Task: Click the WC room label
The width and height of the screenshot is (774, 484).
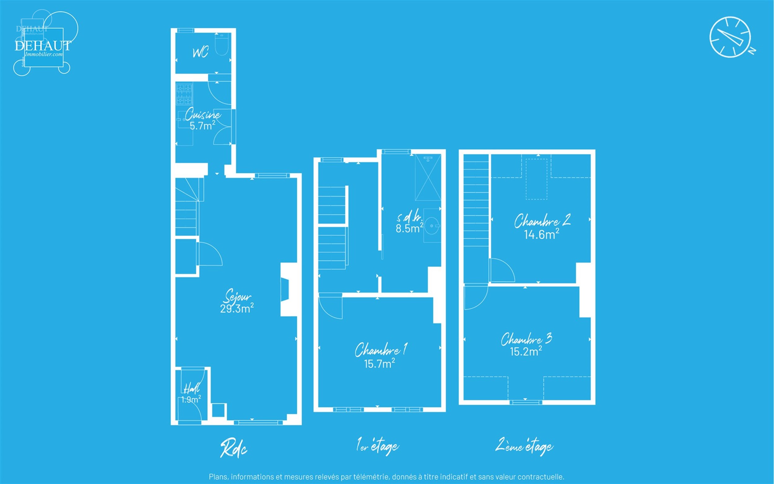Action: pyautogui.click(x=201, y=52)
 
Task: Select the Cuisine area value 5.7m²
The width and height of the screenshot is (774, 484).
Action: pyautogui.click(x=202, y=126)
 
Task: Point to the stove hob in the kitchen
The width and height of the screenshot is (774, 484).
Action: pyautogui.click(x=184, y=94)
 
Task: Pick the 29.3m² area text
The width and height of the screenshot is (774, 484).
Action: pyautogui.click(x=237, y=309)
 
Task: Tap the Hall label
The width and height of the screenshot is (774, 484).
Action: pyautogui.click(x=192, y=388)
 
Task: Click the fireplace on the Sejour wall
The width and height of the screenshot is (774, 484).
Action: pyautogui.click(x=285, y=290)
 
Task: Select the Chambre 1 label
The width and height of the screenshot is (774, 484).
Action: pyautogui.click(x=380, y=350)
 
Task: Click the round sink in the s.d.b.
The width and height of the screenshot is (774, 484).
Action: pyautogui.click(x=432, y=225)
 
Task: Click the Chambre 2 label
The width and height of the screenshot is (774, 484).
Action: pyautogui.click(x=542, y=221)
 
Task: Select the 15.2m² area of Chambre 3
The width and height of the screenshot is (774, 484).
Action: pyautogui.click(x=526, y=351)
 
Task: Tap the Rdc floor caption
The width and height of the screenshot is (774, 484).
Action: pyautogui.click(x=233, y=448)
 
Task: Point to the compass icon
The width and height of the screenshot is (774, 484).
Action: pyautogui.click(x=730, y=37)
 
